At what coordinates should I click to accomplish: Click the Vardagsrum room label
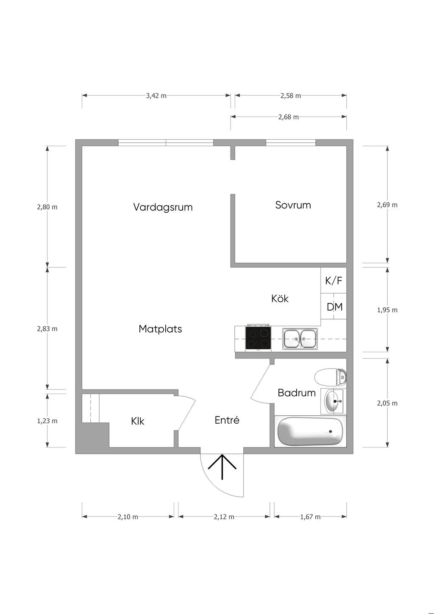click(163, 207)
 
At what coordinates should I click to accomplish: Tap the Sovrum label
click(293, 205)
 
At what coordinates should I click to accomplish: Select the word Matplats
click(160, 329)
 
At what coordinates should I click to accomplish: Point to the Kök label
click(280, 298)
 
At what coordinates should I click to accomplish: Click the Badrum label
click(297, 393)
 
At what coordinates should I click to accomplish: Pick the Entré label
click(227, 420)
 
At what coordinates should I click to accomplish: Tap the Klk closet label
click(138, 421)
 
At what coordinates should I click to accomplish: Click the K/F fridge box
click(334, 281)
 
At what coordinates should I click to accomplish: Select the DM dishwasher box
click(334, 306)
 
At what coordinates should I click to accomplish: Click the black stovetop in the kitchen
click(259, 338)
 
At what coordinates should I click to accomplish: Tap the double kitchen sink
click(300, 339)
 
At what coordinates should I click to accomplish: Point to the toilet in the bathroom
click(331, 378)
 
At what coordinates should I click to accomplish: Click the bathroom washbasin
click(333, 401)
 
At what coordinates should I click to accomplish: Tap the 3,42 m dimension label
click(156, 96)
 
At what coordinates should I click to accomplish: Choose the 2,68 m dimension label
click(289, 117)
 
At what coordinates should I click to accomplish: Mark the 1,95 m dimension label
click(387, 310)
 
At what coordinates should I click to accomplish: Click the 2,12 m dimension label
click(224, 517)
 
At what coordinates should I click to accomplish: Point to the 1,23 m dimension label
click(47, 421)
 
